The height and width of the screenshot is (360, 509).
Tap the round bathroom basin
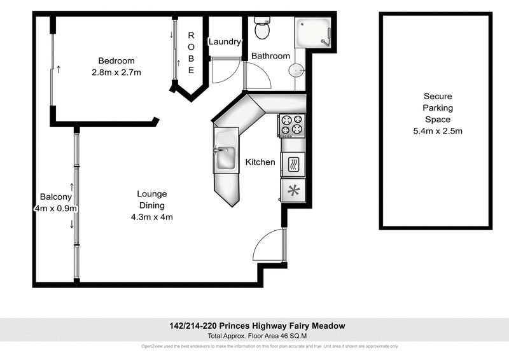click(x=296, y=70)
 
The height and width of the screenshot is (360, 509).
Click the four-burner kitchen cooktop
click(x=292, y=125)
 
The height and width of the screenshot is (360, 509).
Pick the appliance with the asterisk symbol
click(x=293, y=190)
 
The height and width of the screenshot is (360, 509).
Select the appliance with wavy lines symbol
click(x=293, y=163)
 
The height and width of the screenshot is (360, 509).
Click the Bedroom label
click(x=116, y=61)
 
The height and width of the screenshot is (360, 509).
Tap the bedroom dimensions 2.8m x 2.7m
click(x=116, y=73)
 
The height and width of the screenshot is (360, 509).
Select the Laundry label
click(x=225, y=42)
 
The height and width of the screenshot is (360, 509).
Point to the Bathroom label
click(x=270, y=56)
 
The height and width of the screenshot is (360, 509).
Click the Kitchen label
click(x=260, y=162)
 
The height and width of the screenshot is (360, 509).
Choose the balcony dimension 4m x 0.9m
click(x=56, y=208)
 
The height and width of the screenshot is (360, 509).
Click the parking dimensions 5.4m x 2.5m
click(x=438, y=131)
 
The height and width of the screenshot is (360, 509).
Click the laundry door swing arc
click(x=225, y=71)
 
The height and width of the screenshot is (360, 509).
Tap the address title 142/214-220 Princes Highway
click(x=254, y=326)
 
